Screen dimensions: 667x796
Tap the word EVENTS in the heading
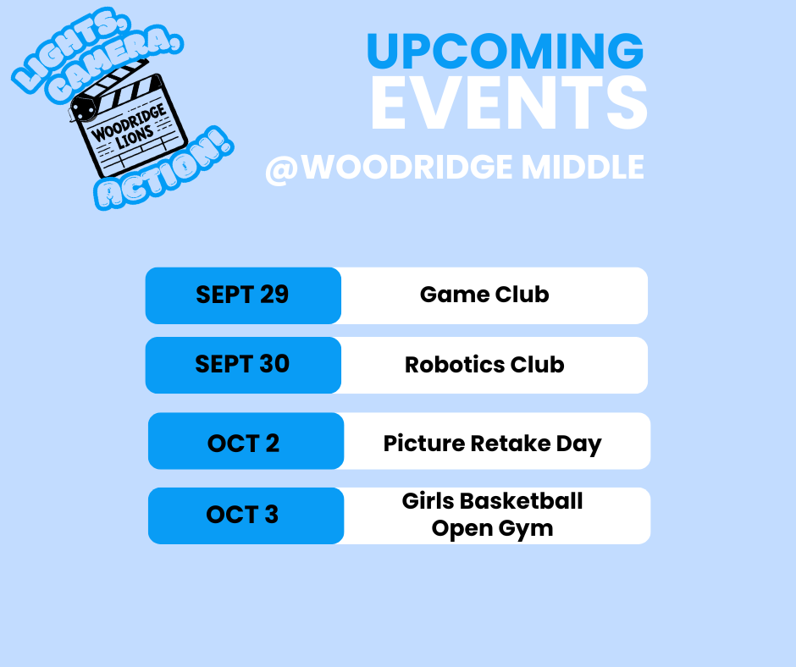pyautogui.click(x=508, y=103)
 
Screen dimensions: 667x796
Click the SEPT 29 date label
pyautogui.click(x=242, y=295)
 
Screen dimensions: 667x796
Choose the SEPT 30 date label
pyautogui.click(x=242, y=364)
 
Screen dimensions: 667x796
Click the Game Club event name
pyautogui.click(x=484, y=295)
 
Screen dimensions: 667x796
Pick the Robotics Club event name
pyautogui.click(x=484, y=365)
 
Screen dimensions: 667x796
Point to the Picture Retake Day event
pyautogui.click(x=492, y=444)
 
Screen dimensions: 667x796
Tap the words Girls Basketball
pyautogui.click(x=492, y=501)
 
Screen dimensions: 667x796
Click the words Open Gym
pyautogui.click(x=492, y=528)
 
